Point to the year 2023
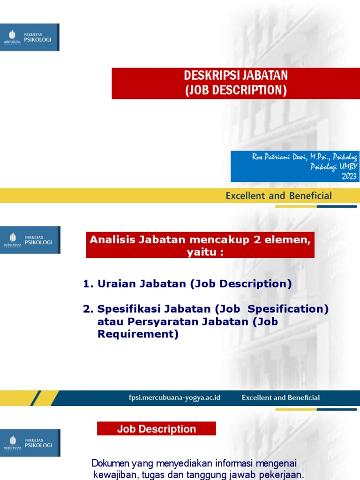click(349, 176)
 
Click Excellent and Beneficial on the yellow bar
click(278, 196)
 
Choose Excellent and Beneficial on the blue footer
click(281, 397)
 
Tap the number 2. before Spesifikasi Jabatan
click(88, 309)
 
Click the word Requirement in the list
click(138, 334)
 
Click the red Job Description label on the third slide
click(157, 429)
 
